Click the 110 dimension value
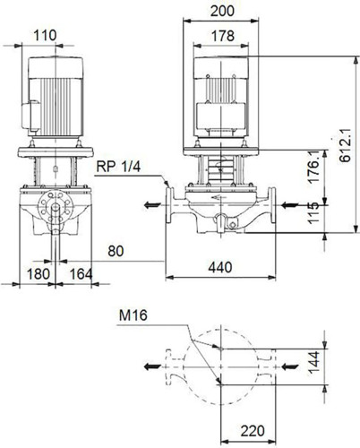click(x=45, y=35)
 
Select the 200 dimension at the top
click(x=222, y=11)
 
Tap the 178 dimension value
click(x=223, y=36)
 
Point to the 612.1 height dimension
click(x=346, y=145)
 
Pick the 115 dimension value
click(x=313, y=213)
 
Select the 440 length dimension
click(x=220, y=267)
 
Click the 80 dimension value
click(x=116, y=251)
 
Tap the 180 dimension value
click(x=39, y=274)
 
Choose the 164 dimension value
click(x=81, y=274)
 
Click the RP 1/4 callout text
click(x=118, y=167)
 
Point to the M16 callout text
click(x=133, y=315)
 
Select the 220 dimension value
click(x=253, y=431)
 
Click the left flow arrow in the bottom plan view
click(x=152, y=366)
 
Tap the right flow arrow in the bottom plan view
click(x=290, y=366)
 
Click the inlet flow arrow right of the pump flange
click(x=290, y=205)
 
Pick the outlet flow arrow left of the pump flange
click(x=152, y=205)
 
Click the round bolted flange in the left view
click(x=56, y=207)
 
